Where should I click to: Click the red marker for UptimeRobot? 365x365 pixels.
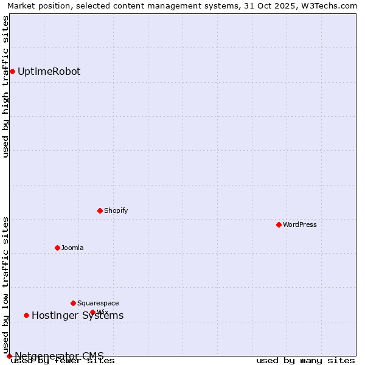click(x=12, y=71)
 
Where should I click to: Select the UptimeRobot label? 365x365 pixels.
click(x=49, y=71)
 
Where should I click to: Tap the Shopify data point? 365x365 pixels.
click(x=100, y=210)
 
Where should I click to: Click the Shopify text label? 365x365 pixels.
click(x=116, y=210)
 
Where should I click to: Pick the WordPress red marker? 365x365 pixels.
click(x=279, y=224)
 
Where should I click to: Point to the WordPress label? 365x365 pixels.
click(x=299, y=224)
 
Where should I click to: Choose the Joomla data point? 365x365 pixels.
click(x=57, y=248)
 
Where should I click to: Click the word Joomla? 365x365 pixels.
click(x=72, y=248)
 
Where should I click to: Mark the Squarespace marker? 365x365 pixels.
click(x=73, y=303)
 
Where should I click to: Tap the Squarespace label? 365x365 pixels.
click(x=98, y=303)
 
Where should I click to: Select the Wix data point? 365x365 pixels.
click(x=92, y=312)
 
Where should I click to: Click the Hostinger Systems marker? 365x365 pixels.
click(x=26, y=315)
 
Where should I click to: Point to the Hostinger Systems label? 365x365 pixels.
click(x=77, y=315)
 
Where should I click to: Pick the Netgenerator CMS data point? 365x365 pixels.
click(x=9, y=356)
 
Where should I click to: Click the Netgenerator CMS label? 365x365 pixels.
click(x=59, y=355)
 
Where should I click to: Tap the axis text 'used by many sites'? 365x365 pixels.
click(x=305, y=361)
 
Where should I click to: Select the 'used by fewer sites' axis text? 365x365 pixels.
click(x=63, y=361)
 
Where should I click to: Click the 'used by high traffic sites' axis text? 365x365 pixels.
click(x=5, y=86)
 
